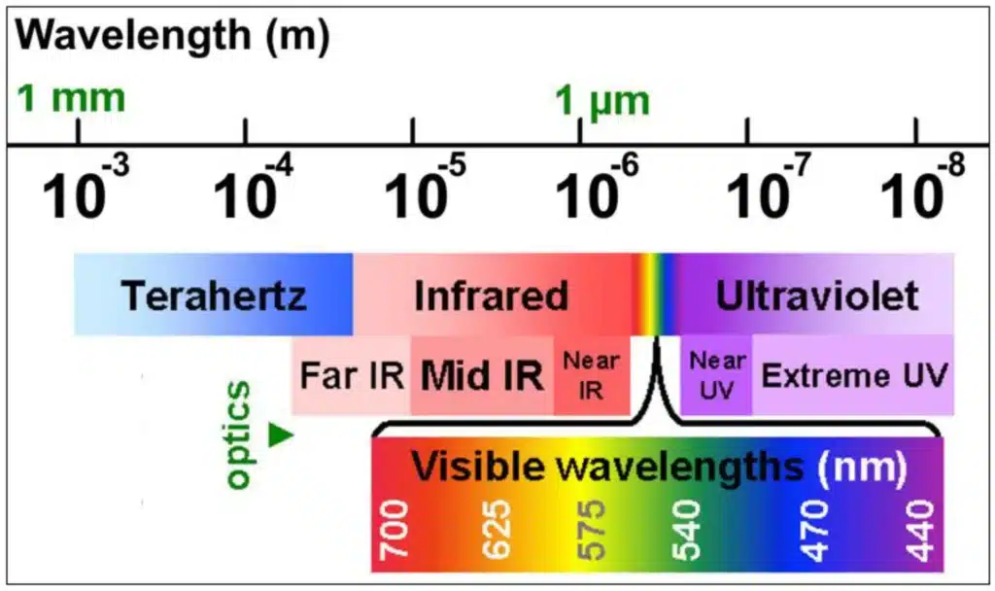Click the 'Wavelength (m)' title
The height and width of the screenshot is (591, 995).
pos(173,36)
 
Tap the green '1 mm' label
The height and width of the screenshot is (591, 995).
pos(71,98)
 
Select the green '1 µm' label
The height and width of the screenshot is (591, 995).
pos(602,101)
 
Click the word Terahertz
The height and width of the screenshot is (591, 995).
pos(214,295)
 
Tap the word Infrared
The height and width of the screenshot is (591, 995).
pos(491,295)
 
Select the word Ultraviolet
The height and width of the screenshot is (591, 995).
pos(817,295)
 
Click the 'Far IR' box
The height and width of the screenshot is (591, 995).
pos(351,375)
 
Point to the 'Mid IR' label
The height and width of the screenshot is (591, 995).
pos(482,375)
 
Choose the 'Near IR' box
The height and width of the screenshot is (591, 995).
pos(592,375)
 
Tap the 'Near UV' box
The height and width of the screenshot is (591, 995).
pos(716,375)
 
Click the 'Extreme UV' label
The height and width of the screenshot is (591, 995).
pos(854,375)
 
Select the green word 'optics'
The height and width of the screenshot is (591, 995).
pos(239,435)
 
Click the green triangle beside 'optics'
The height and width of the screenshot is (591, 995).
pos(281,435)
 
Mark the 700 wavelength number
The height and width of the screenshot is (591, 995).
pos(395,530)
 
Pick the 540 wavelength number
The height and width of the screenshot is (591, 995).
pos(686,530)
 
